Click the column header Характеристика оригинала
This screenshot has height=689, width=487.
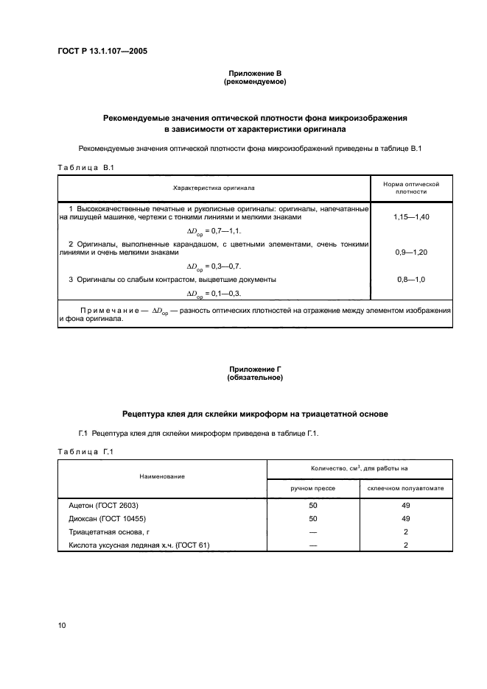[x=214, y=188]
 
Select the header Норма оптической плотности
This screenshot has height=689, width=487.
[x=412, y=188]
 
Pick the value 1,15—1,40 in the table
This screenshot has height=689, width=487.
[x=412, y=219]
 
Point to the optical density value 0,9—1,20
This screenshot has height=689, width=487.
[x=412, y=252]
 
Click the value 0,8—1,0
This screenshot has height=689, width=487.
[x=412, y=280]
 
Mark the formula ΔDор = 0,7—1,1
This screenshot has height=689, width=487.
[x=214, y=231]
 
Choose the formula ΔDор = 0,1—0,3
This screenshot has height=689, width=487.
[x=214, y=293]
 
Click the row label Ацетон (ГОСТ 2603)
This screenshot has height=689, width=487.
[x=103, y=506]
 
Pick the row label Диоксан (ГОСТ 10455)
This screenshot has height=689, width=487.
[x=107, y=519]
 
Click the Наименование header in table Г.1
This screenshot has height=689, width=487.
[x=162, y=477]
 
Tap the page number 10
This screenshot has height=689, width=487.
[x=63, y=626]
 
